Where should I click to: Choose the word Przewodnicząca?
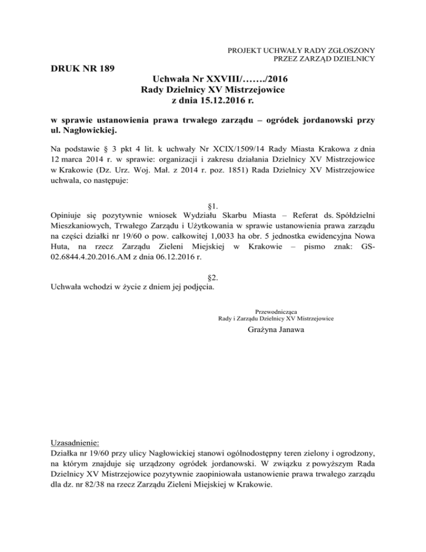pyautogui.click(x=276, y=311)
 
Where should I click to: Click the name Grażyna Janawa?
pyautogui.click(x=276, y=333)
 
